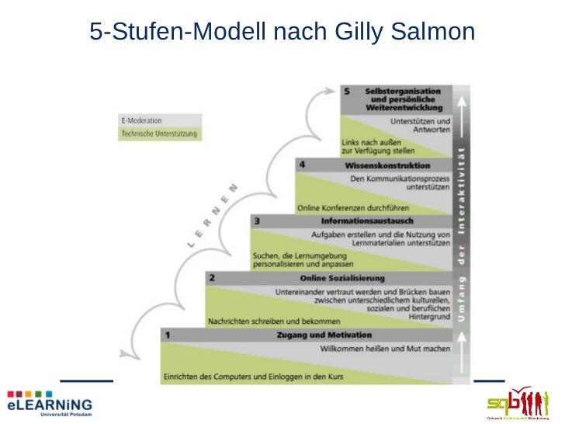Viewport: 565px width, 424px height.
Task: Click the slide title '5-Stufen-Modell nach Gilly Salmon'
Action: pyautogui.click(x=282, y=32)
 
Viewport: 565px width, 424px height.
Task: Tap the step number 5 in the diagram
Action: pyautogui.click(x=346, y=91)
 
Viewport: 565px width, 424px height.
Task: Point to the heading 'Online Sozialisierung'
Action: pyautogui.click(x=342, y=278)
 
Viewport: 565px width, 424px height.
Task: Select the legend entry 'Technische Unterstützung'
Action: pyautogui.click(x=160, y=134)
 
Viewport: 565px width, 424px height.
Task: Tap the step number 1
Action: pyautogui.click(x=168, y=335)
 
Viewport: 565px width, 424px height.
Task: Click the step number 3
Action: pyautogui.click(x=256, y=221)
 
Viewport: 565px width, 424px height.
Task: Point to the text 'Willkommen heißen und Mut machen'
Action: pyautogui.click(x=386, y=349)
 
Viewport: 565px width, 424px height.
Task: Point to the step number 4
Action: pyautogui.click(x=301, y=165)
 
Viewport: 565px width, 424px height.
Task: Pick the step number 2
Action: pyautogui.click(x=212, y=277)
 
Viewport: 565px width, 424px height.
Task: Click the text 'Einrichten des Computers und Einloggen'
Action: pyautogui.click(x=252, y=377)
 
